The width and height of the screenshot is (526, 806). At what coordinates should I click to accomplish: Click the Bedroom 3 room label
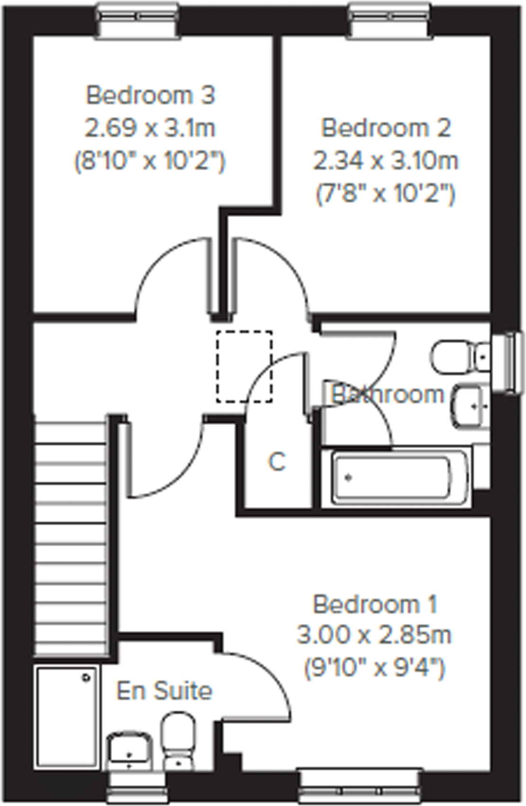pyautogui.click(x=150, y=95)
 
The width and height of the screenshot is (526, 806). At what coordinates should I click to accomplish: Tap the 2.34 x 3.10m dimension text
pyautogui.click(x=385, y=161)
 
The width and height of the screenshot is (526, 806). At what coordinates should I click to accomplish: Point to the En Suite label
pyautogui.click(x=164, y=692)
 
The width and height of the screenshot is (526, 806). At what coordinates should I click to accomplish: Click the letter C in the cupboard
pyautogui.click(x=277, y=462)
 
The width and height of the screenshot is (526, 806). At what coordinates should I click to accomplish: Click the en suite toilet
pyautogui.click(x=178, y=740)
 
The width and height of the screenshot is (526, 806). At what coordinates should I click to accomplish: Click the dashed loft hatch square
pyautogui.click(x=244, y=367)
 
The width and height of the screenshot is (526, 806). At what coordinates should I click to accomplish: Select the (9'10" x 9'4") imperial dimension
pyautogui.click(x=374, y=668)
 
